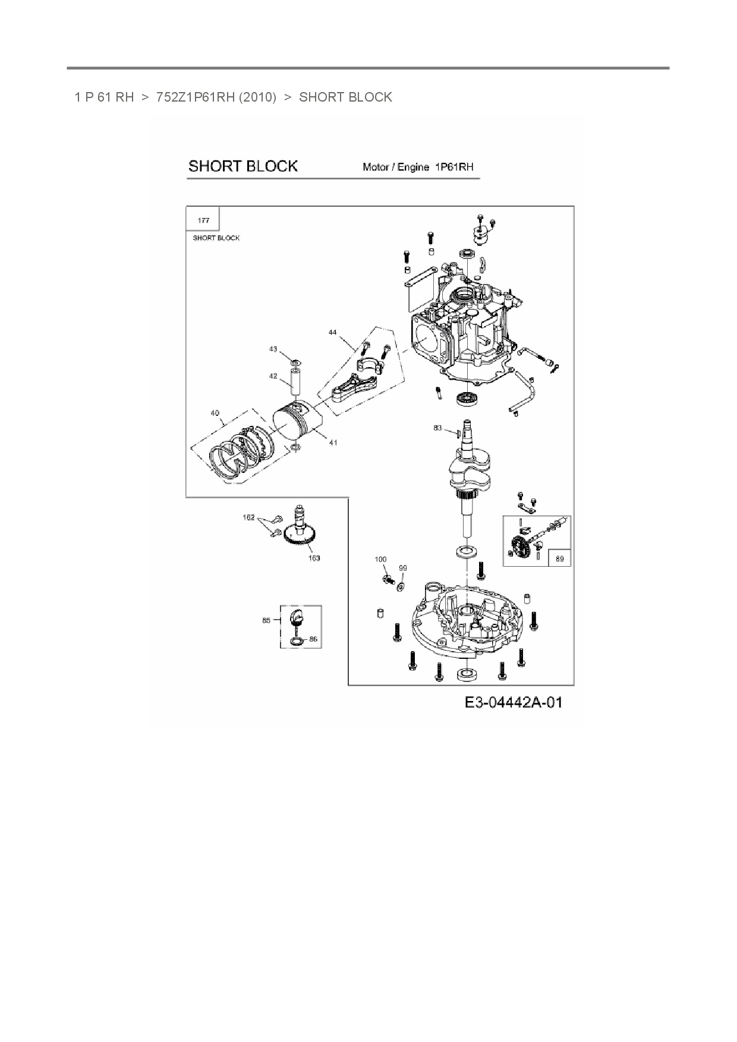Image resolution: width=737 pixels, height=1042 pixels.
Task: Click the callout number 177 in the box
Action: [203, 220]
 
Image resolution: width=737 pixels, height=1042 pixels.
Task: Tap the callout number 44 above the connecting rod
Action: [332, 333]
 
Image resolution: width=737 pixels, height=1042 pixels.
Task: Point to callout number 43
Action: [273, 349]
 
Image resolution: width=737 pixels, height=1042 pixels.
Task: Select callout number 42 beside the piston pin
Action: [273, 376]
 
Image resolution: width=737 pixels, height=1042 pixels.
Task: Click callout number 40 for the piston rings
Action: [215, 413]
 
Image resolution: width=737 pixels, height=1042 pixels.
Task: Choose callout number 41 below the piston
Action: [333, 443]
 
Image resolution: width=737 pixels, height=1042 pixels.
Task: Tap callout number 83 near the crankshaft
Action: [437, 428]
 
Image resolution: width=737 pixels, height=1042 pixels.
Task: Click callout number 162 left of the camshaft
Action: [248, 517]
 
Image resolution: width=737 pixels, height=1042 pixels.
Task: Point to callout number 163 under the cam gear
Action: [314, 558]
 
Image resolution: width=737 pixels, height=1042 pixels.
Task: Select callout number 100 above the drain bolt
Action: [380, 560]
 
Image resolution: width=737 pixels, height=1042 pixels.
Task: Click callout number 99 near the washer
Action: [403, 568]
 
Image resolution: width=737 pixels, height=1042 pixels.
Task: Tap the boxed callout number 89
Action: [559, 558]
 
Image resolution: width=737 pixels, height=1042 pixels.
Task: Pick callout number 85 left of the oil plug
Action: [266, 620]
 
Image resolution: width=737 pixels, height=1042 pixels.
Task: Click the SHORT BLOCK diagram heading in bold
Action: [242, 166]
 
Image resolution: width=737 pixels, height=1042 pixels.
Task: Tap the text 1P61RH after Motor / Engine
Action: [454, 167]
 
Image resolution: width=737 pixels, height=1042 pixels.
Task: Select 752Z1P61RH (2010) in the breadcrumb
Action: [216, 97]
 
